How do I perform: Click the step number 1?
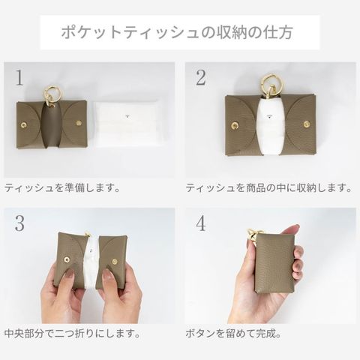coord(19,78)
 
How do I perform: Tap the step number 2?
coord(201,78)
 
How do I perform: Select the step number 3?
coord(19,223)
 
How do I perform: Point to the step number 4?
coord(201,223)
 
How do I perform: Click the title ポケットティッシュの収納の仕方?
coord(177,32)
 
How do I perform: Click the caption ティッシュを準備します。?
coord(62,187)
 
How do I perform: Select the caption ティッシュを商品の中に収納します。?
coord(268,187)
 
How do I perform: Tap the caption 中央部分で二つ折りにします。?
coord(72,334)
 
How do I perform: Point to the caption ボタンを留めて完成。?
coord(233,334)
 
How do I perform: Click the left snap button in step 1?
coord(24,124)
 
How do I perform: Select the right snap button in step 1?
coord(79,123)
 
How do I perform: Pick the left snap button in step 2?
coord(235,126)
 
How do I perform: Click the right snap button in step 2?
coord(307,124)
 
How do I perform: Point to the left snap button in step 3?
coord(67,259)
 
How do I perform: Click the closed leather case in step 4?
coord(274,262)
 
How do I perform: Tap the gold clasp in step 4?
coord(252,236)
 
